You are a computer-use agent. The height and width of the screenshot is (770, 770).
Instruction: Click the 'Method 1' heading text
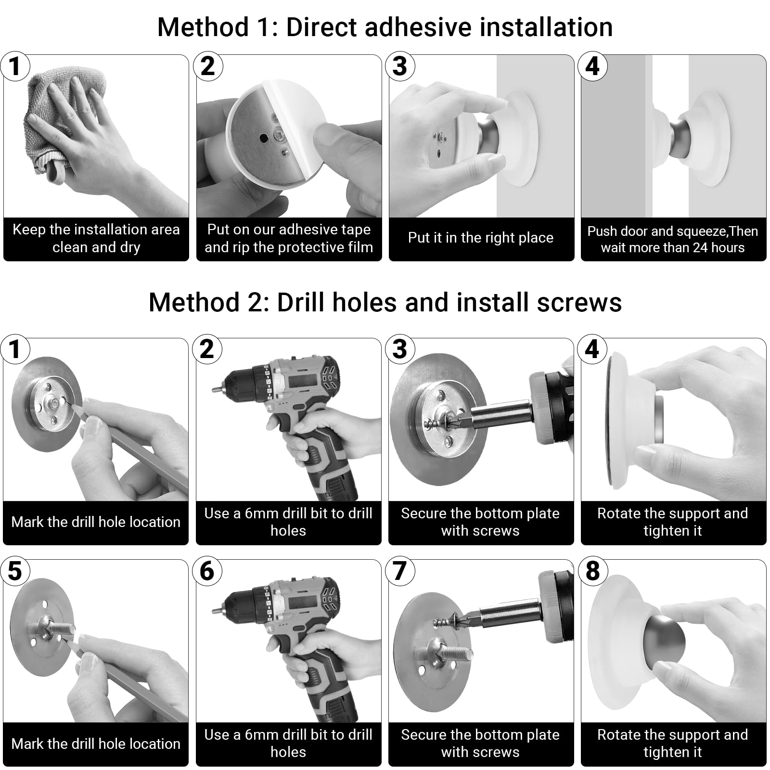pos(385,27)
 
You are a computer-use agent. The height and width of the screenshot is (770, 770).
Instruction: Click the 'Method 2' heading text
pos(385,302)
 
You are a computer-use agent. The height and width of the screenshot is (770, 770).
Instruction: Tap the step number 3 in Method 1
pos(400,66)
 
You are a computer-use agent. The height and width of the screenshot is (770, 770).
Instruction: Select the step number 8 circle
pos(592,571)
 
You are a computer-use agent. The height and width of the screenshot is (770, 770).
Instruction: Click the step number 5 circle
pos(15,571)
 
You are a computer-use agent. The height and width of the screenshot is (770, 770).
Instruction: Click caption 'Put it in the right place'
pos(481,238)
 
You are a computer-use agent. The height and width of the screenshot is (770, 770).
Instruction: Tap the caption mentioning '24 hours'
pos(673,239)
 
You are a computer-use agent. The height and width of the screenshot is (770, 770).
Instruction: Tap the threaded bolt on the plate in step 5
pos(58,628)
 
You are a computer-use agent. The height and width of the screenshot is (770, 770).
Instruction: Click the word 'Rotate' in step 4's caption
pos(618,513)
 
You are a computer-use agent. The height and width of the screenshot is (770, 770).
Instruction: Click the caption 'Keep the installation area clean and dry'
pos(96,238)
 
